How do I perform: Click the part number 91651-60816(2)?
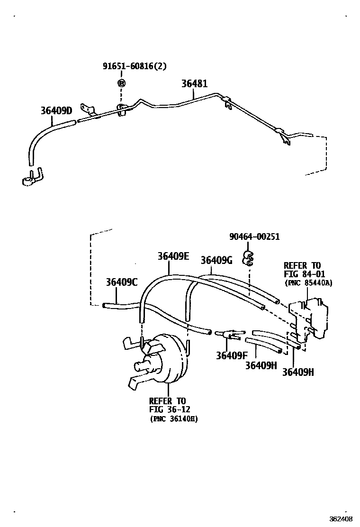135,67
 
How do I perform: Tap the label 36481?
194,83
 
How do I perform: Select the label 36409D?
56,110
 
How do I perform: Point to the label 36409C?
121,282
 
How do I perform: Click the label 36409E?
173,256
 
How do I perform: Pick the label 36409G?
216,260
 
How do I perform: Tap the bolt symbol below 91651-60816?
122,83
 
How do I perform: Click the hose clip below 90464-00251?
247,259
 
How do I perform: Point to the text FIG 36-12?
167,409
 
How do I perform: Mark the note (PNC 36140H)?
173,419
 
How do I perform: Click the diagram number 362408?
342,518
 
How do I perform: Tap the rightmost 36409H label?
298,372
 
